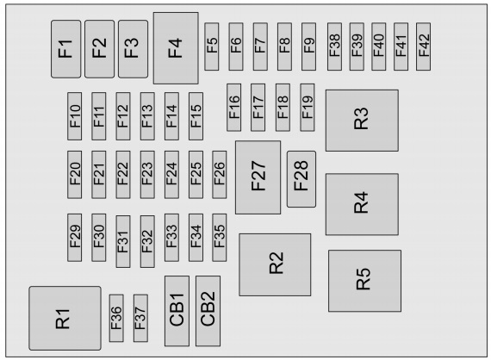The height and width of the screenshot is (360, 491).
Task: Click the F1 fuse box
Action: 65,49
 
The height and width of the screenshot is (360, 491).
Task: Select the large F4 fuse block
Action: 176,48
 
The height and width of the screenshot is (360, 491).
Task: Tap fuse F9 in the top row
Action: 308,47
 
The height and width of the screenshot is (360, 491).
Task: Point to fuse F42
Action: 423,47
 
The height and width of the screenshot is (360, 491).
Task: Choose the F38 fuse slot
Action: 334,47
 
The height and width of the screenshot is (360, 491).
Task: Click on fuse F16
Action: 234,108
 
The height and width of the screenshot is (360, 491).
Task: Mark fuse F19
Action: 308,108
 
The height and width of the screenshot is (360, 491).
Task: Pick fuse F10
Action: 75,116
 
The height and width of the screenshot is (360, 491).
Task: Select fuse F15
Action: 196,116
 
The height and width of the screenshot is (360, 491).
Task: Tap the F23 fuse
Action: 147,175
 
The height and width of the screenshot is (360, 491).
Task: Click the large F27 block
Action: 258,177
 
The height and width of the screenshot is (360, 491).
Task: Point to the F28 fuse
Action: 301,179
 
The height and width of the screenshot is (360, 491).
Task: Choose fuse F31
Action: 123,241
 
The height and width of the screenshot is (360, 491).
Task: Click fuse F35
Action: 219,238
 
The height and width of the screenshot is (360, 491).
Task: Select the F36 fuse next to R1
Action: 116,318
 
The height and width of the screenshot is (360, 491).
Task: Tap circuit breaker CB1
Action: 177,311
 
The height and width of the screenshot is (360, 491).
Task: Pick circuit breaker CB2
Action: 208,311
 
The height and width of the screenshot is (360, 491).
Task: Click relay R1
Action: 65,318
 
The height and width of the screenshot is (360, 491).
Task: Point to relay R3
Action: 362,121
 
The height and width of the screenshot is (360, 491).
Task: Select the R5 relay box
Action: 365,281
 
